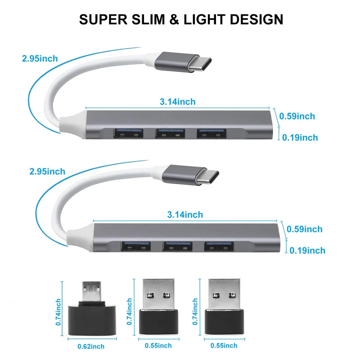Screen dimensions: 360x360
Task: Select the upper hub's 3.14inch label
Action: point(178,102)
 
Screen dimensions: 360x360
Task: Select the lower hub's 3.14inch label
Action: point(185,215)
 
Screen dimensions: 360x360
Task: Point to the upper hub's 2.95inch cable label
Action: point(40,58)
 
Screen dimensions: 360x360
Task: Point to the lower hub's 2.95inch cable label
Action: point(47,171)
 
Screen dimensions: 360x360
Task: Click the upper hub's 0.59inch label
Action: point(297,116)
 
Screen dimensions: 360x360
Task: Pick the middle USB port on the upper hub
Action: point(170,133)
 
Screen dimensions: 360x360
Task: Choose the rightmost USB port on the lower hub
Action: point(218,247)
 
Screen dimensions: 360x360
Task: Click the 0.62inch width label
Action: point(89,346)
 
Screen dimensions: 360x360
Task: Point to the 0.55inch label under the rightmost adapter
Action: point(224,346)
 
